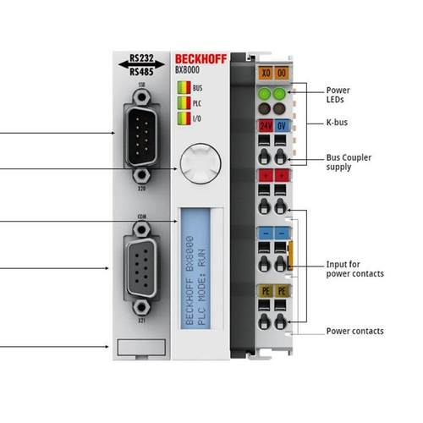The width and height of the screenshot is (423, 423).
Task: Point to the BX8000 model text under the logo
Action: [x=188, y=71]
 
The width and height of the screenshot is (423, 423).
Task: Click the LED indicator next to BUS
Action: [x=181, y=87]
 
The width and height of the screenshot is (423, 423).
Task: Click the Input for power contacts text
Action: [x=355, y=269]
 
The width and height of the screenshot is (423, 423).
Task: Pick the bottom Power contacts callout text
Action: [x=355, y=331]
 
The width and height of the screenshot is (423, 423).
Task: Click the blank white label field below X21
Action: [x=135, y=348]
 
